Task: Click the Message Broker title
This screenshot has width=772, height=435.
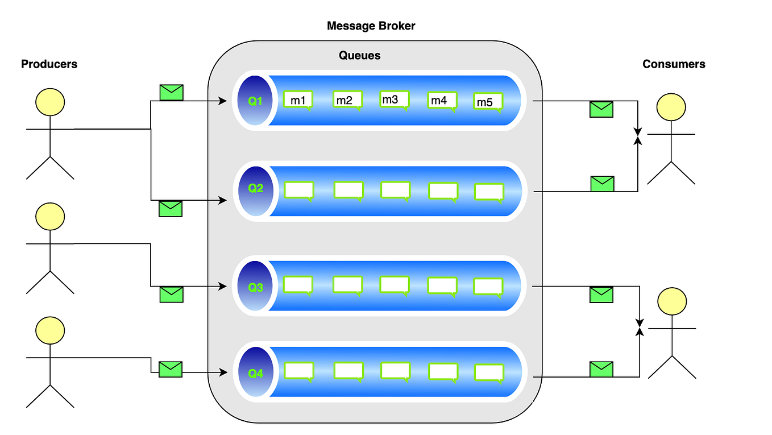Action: click(371, 26)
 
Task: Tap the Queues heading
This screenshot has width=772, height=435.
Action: click(359, 55)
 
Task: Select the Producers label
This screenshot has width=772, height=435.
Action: click(49, 64)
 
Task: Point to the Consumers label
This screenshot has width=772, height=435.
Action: click(674, 64)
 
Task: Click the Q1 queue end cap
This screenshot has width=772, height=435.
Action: click(255, 101)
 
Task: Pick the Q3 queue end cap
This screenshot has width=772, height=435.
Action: click(255, 287)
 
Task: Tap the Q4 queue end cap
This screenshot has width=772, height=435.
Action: click(255, 373)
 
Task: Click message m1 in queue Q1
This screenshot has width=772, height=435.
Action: click(298, 100)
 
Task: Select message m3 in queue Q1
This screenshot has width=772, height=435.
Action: click(395, 100)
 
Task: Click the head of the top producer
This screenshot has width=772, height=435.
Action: click(50, 103)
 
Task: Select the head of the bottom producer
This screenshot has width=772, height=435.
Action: click(50, 331)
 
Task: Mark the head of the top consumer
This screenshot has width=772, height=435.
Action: click(671, 108)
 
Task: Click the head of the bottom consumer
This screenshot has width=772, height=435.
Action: click(672, 302)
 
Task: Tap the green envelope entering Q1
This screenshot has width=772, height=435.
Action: click(171, 92)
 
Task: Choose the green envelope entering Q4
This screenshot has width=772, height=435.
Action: click(170, 369)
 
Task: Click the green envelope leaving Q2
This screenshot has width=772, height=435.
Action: click(602, 183)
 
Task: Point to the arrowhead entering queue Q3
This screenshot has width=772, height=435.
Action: click(224, 287)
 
